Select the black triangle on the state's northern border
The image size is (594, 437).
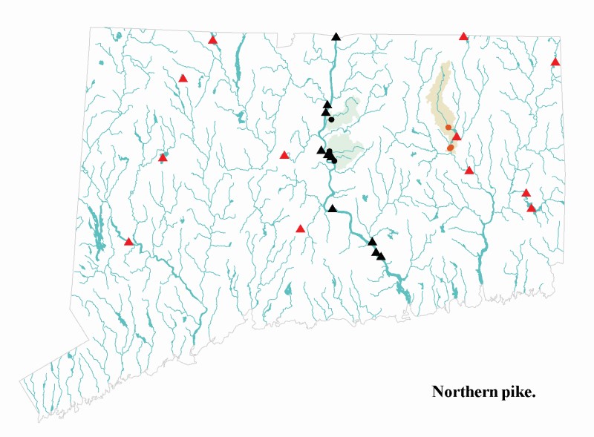336,36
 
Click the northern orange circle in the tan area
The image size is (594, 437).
448,128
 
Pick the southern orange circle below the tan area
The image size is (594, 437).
451,148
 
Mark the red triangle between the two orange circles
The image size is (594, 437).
457,137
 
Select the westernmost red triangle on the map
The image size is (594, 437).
128,242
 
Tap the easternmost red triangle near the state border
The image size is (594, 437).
555,62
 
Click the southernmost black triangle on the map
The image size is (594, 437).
381,257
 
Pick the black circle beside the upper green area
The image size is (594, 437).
332,119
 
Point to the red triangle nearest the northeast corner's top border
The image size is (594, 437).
464,36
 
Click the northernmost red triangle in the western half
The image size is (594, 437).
213,40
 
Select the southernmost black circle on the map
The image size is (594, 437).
335,160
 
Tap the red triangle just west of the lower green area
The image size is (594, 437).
284,155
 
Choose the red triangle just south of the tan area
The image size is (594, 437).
469,171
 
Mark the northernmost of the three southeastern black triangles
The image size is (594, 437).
373,242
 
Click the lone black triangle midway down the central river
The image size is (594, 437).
333,208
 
